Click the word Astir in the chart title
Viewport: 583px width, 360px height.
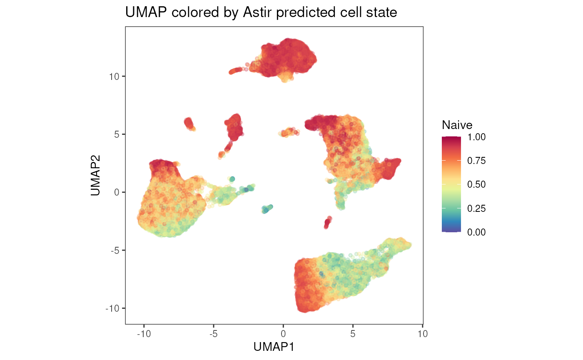click(x=257, y=12)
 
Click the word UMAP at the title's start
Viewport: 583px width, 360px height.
click(x=146, y=12)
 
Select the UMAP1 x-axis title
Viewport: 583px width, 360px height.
click(x=274, y=347)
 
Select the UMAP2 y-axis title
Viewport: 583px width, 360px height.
click(x=95, y=175)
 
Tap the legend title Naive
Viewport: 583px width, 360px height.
click(x=457, y=125)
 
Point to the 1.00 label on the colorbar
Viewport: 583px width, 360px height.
click(x=476, y=137)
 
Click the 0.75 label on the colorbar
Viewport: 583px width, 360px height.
click(x=476, y=161)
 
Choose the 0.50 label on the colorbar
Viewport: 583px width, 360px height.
click(x=476, y=184)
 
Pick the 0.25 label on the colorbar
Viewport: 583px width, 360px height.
click(x=476, y=209)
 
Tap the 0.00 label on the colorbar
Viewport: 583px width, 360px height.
click(x=476, y=232)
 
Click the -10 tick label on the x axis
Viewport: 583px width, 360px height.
click(x=144, y=334)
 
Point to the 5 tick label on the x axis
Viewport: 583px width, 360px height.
click(x=353, y=334)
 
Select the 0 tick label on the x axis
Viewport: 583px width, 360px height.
click(x=283, y=334)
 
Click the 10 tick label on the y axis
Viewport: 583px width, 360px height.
click(x=114, y=77)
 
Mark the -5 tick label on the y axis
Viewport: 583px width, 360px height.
click(x=115, y=251)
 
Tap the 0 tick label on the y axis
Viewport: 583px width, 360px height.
click(x=117, y=192)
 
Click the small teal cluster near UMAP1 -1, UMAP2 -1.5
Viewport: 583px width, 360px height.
click(x=267, y=209)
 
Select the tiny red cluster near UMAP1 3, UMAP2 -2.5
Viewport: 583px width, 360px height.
click(x=328, y=223)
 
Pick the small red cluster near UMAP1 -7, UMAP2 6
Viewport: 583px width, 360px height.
click(x=189, y=124)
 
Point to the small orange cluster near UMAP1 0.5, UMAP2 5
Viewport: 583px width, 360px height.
click(x=289, y=132)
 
